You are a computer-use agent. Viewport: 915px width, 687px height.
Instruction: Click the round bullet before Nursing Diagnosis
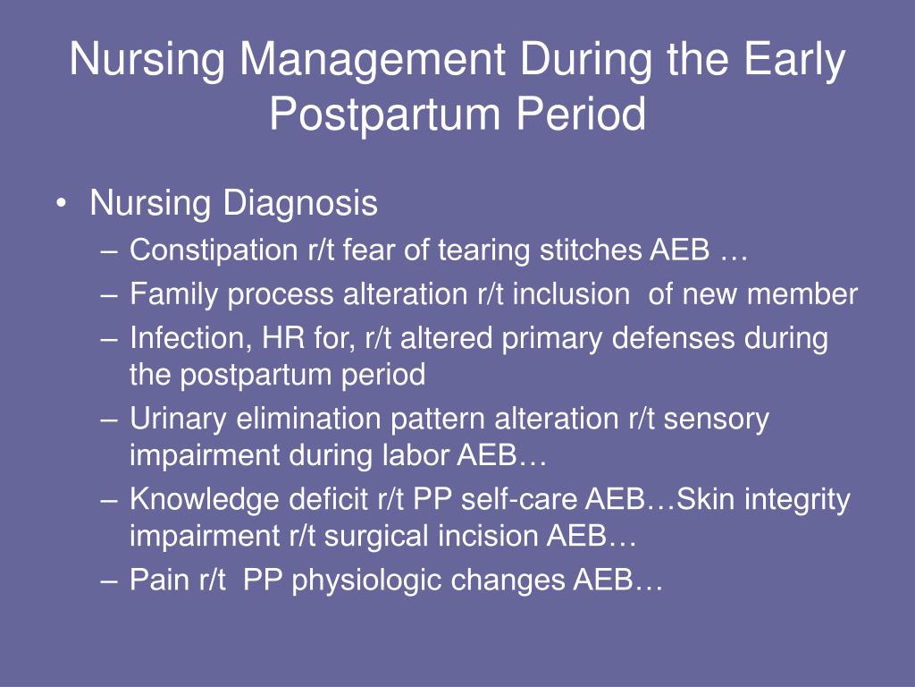point(62,204)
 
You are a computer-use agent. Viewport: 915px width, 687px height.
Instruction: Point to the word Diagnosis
point(300,204)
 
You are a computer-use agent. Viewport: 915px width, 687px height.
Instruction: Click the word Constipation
point(214,250)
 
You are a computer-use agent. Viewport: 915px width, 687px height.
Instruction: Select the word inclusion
point(571,293)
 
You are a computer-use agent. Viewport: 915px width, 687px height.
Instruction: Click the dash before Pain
point(109,582)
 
